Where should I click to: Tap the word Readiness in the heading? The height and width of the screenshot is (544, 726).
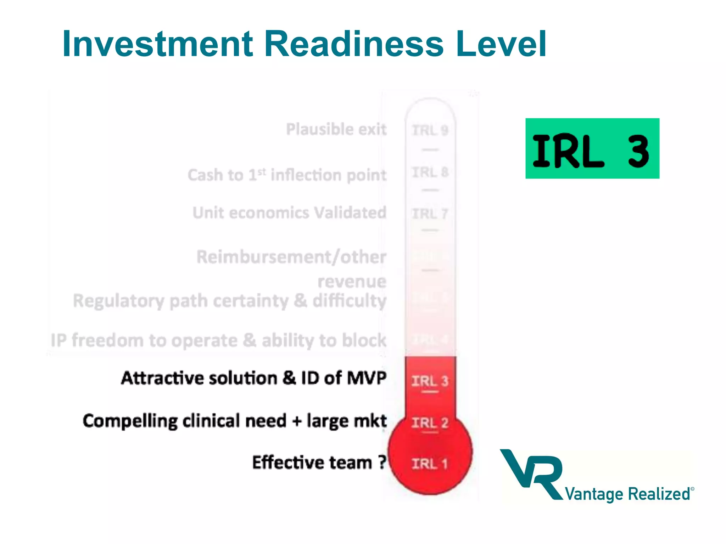(x=354, y=44)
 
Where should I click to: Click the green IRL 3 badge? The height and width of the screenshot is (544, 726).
(x=592, y=149)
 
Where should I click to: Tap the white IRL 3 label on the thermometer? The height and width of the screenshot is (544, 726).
(x=430, y=381)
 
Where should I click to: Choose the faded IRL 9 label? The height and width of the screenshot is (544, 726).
(x=430, y=130)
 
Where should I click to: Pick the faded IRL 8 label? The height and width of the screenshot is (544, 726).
(x=430, y=172)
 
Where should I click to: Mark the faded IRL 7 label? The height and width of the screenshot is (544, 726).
(x=430, y=214)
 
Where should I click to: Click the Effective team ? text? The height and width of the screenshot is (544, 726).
(x=319, y=463)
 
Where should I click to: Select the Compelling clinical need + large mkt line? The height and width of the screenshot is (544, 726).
(x=235, y=421)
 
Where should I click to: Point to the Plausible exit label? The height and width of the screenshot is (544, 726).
(x=336, y=129)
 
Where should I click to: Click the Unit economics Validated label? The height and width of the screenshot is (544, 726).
(x=289, y=213)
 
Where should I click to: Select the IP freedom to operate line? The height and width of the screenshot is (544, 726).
(x=218, y=340)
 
